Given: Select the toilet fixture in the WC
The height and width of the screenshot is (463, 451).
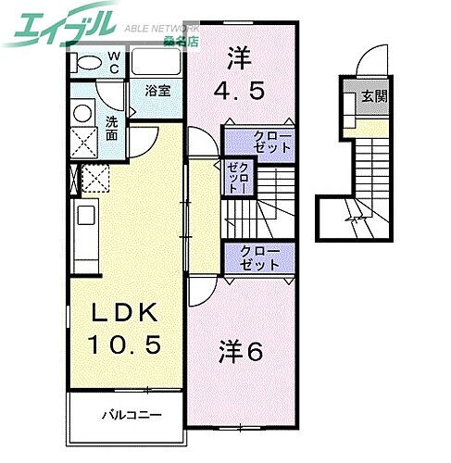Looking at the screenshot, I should (x=86, y=62).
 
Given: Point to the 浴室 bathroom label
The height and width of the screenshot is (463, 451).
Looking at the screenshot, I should (x=157, y=91).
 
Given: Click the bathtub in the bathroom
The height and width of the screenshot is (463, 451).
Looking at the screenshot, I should (x=157, y=63).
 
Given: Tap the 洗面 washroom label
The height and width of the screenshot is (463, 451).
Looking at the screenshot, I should (x=111, y=128).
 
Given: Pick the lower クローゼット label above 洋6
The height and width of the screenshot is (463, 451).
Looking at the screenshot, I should (x=259, y=257).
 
